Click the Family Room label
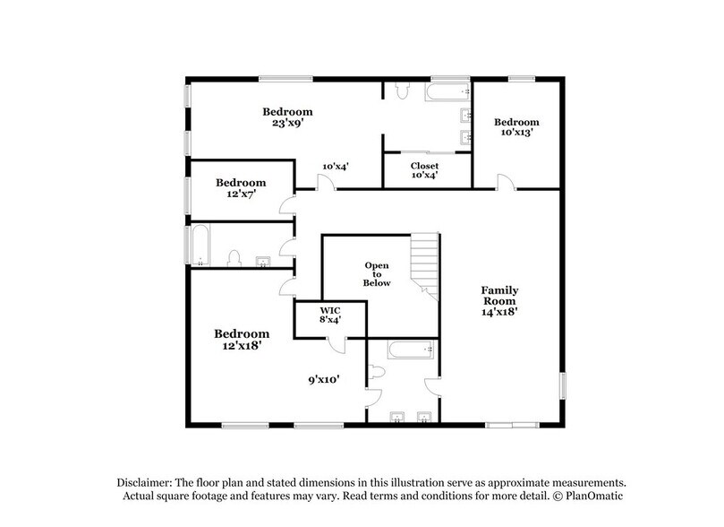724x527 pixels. (499, 301)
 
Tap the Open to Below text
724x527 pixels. (378, 273)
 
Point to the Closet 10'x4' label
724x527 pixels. (424, 170)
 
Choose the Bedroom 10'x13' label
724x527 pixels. (516, 126)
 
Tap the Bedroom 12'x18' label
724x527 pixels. (240, 337)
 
